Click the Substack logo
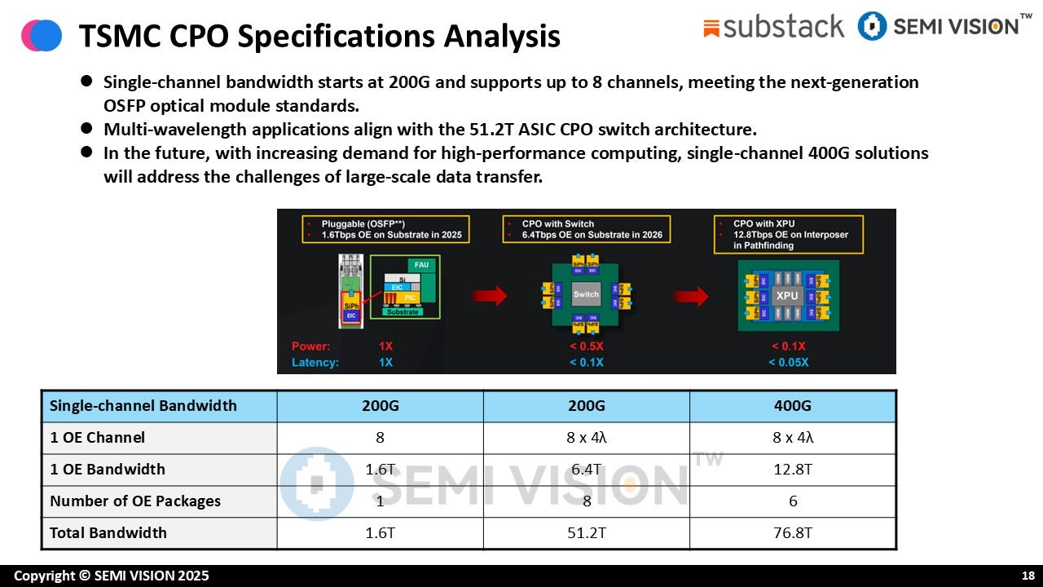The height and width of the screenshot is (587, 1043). coord(773,27)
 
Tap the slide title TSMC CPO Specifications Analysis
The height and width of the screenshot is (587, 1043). coord(319,36)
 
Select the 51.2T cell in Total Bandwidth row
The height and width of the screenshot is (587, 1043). coord(586,533)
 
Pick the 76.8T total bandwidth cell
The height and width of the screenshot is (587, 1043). coord(792,533)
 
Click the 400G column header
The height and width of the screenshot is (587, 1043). coord(792,406)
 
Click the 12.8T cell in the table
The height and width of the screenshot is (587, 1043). coord(792,470)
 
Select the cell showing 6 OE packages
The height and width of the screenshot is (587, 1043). coord(792,501)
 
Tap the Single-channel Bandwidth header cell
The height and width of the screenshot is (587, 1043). coord(143,406)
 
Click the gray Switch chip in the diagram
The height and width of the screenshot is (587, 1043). coord(586,294)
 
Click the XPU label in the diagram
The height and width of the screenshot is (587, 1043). coord(786,295)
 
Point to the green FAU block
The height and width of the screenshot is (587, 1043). coord(422,265)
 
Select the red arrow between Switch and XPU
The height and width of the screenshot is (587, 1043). coord(691,296)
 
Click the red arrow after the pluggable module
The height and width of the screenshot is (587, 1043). coord(490,296)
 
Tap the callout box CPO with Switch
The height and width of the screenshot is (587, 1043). coord(585,229)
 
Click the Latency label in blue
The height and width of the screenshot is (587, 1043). coord(315,362)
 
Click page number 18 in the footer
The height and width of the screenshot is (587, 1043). coord(1028,576)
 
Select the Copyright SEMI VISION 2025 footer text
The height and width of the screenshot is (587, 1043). coord(112,576)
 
